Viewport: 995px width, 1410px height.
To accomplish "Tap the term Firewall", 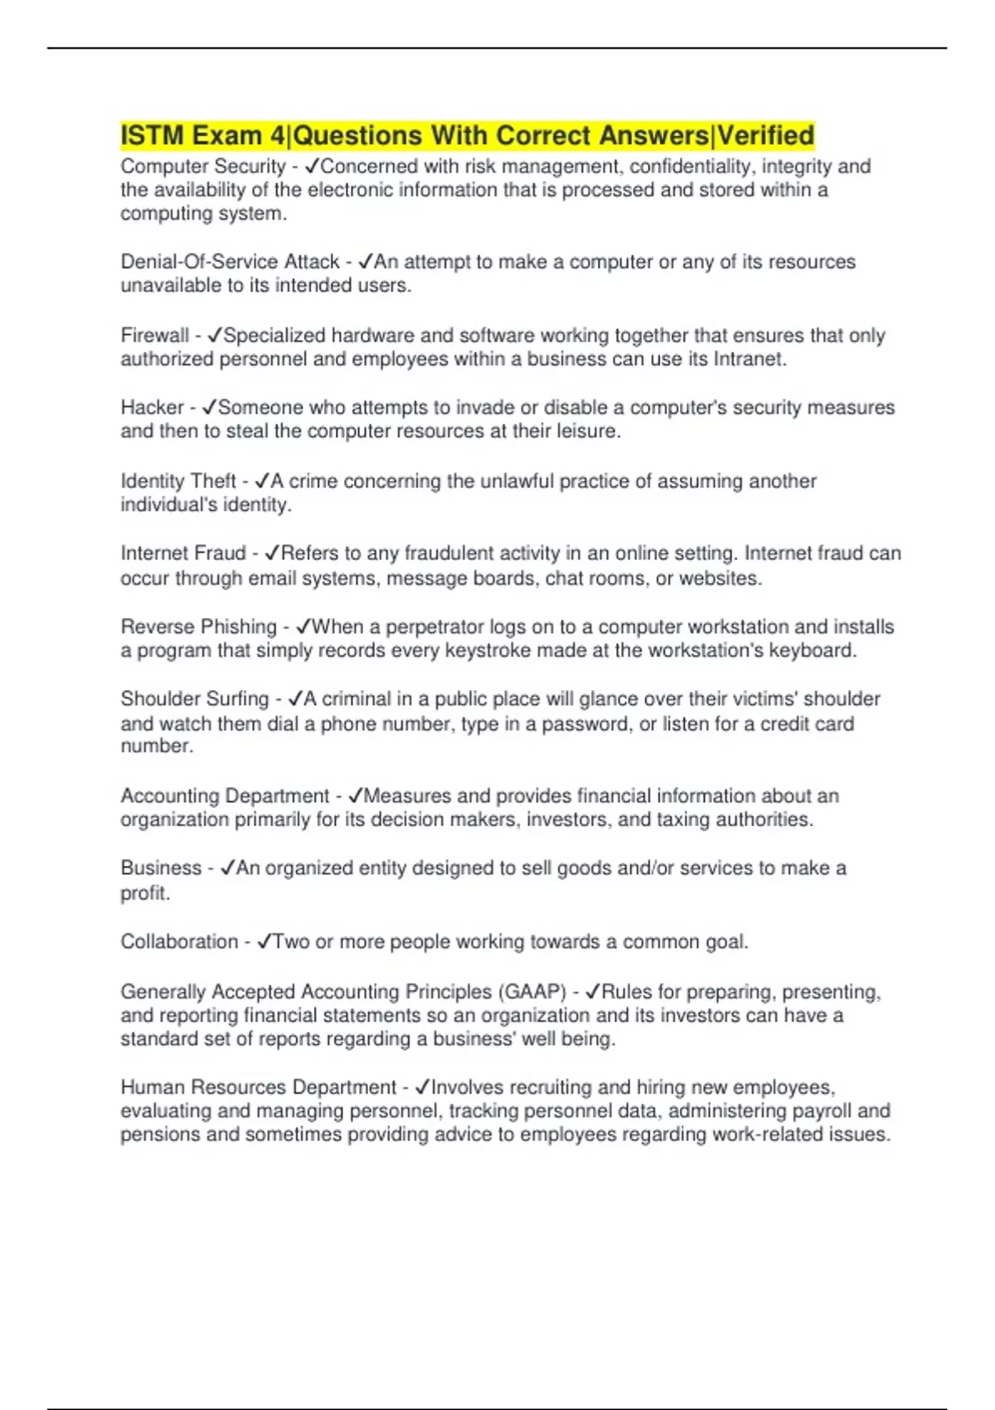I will [x=155, y=335].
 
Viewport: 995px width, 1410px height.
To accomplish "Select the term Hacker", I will [x=152, y=407].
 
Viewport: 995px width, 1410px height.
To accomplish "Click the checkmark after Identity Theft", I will [x=262, y=481].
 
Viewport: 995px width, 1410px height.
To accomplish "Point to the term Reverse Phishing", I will [x=198, y=626].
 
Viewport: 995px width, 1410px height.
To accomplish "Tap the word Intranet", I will [x=749, y=359].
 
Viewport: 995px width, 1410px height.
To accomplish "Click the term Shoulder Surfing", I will [x=195, y=699].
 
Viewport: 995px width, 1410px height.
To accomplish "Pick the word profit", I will [x=144, y=893].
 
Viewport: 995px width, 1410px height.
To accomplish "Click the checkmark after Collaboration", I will [x=265, y=942].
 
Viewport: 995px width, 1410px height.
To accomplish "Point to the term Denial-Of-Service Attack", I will [x=230, y=261].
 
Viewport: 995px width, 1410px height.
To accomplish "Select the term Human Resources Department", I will [x=258, y=1087].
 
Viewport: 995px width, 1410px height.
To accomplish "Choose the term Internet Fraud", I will [x=183, y=553].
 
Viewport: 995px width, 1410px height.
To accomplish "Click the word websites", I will [x=719, y=578].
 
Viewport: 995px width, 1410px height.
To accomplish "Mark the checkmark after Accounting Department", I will [x=355, y=796].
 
